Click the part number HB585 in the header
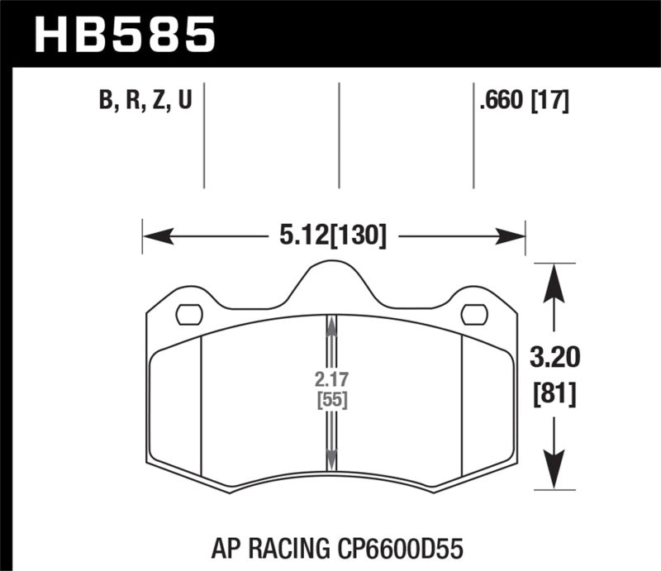(x=124, y=35)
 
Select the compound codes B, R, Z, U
(x=145, y=102)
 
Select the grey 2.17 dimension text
(x=330, y=382)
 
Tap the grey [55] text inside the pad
(x=330, y=402)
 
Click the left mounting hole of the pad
(x=190, y=315)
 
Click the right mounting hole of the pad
(x=474, y=315)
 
